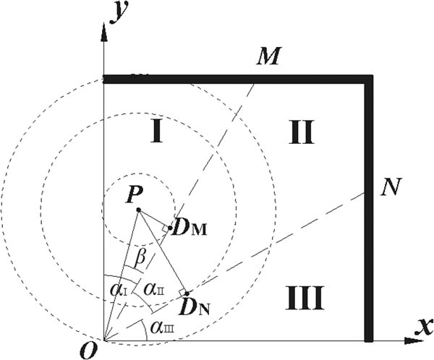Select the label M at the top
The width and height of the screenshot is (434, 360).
[x=268, y=56]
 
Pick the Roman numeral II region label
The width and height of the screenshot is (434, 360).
[x=298, y=132]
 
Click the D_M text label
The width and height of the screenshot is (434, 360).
[x=193, y=230]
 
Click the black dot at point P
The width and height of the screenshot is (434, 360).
[x=138, y=210]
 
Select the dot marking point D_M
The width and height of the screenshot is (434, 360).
[x=170, y=228]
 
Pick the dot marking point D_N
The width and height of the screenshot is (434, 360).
[x=187, y=293]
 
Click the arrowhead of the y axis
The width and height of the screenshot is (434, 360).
[x=105, y=33]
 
